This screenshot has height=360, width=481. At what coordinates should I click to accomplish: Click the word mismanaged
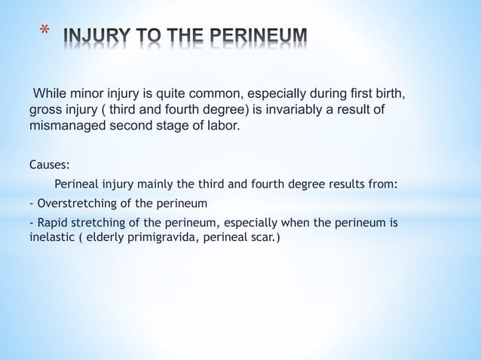coord(68,126)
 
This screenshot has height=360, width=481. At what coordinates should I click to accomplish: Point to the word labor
coord(222,126)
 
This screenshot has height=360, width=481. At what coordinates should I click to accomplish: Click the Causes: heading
coord(50,163)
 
